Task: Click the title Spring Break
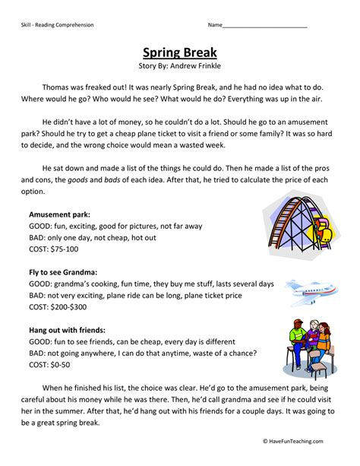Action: tap(180, 52)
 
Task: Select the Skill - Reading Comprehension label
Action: tap(58, 25)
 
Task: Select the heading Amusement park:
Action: tap(62, 214)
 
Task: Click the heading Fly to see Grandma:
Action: tap(65, 271)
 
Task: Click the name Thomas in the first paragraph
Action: tap(58, 88)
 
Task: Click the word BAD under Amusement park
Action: tap(38, 237)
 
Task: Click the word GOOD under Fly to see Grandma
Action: tap(41, 283)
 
